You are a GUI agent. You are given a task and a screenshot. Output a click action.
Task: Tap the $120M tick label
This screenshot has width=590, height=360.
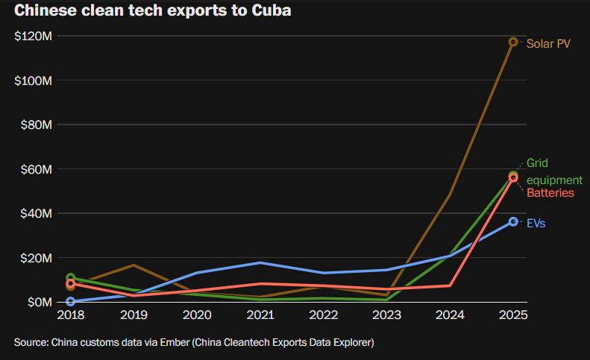[32, 36]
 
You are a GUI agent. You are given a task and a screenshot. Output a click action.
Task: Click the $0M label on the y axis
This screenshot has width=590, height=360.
[38, 302]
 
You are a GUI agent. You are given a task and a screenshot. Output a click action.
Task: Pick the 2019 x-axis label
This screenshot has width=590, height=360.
[133, 315]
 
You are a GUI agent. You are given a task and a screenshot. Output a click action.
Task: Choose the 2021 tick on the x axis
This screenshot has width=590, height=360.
[260, 315]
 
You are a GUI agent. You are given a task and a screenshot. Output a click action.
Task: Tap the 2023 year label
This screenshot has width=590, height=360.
[386, 315]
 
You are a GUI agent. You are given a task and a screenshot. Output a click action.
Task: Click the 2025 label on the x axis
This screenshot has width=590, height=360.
[512, 315]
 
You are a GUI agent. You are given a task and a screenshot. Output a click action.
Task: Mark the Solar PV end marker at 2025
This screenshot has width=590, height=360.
[513, 42]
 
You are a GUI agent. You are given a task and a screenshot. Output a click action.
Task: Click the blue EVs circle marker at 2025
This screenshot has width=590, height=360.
[513, 221]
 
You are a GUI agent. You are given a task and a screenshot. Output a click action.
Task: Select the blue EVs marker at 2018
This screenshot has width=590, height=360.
[70, 302]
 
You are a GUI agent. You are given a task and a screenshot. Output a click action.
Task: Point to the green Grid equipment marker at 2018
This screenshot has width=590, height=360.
[70, 278]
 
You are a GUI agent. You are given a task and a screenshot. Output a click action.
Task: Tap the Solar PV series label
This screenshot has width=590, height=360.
[548, 42]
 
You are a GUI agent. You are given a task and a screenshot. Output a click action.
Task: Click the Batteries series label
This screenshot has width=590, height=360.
[550, 193]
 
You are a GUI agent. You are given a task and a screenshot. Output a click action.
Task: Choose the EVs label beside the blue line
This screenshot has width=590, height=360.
[536, 223]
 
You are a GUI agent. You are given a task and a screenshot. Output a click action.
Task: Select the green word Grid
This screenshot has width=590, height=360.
[537, 163]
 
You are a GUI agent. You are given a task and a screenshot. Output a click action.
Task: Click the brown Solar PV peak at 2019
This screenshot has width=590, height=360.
[133, 265]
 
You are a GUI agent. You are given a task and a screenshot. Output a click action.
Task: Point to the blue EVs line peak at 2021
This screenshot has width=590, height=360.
[260, 262]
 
